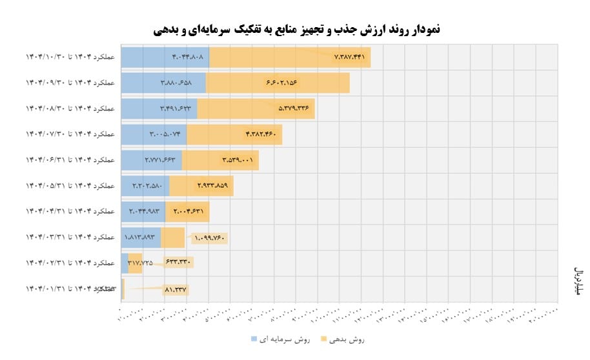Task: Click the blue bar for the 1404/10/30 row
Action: (x=165, y=57)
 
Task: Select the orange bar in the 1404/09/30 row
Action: (x=278, y=83)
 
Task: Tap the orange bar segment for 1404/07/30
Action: (x=234, y=134)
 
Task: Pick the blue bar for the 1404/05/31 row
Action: (x=145, y=186)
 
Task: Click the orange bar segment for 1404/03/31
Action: (x=172, y=237)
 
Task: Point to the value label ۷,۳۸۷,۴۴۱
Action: (x=349, y=57)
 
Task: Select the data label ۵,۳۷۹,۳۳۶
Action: (x=294, y=108)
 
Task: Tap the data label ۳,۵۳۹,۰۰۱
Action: (x=237, y=160)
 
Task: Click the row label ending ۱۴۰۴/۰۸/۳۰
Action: (x=70, y=108)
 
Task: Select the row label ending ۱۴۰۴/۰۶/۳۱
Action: (x=70, y=160)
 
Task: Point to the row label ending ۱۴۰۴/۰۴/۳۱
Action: (x=70, y=212)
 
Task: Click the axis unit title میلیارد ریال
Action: (x=578, y=281)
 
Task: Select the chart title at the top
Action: (x=298, y=29)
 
